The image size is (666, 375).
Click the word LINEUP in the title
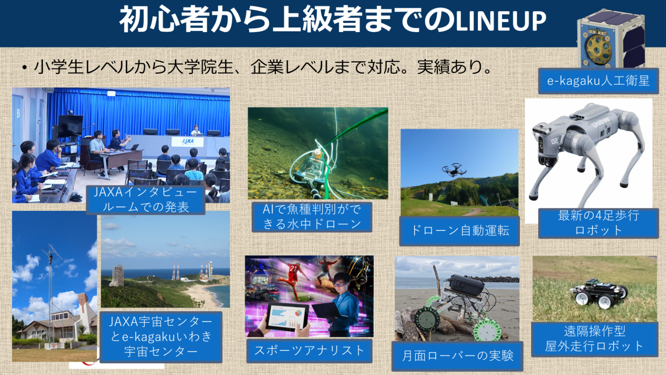[501, 21]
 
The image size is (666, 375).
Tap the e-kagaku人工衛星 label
[598, 81]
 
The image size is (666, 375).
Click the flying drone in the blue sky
[454, 170]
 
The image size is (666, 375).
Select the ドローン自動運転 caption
[459, 230]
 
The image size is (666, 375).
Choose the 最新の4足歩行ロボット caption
[598, 223]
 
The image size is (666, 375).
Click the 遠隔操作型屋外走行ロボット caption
[594, 339]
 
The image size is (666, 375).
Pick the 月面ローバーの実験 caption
[457, 356]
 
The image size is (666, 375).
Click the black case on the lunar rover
[467, 284]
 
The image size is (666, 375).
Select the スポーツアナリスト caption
[309, 350]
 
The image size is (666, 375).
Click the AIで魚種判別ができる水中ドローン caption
[312, 217]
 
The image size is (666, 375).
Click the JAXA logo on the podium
[188, 141]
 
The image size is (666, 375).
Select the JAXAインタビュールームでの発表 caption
[145, 200]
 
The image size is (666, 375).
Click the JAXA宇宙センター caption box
[161, 336]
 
